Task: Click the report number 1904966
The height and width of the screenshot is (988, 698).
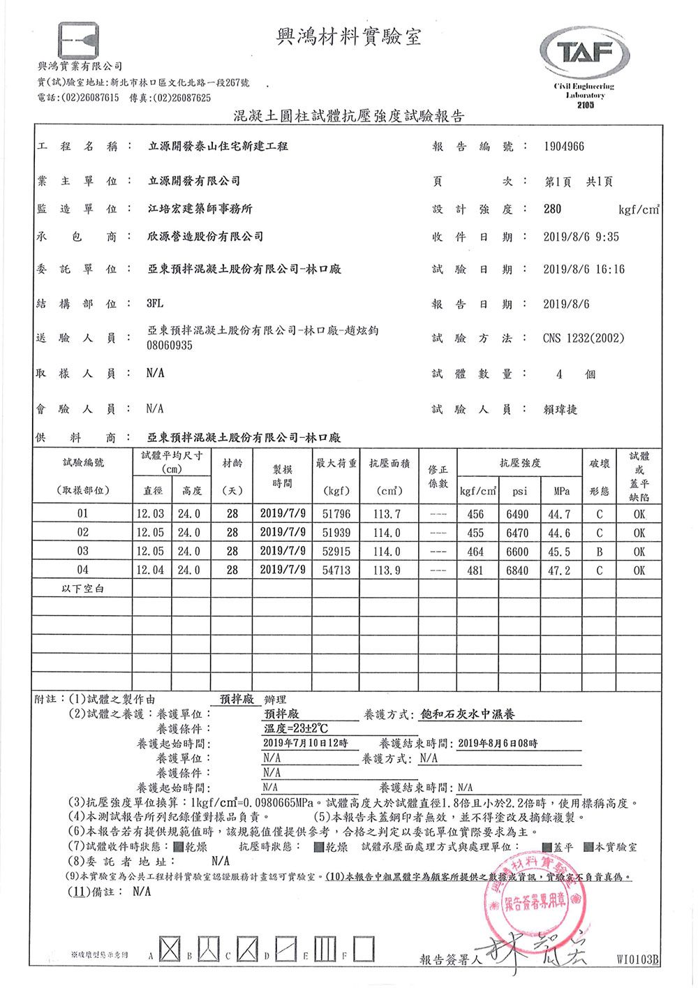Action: (564, 147)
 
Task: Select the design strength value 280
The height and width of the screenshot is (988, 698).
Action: (552, 209)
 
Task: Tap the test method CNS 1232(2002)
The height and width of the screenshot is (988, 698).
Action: (584, 339)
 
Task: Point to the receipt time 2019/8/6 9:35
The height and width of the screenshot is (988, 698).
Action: (581, 237)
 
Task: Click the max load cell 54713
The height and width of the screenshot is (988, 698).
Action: (336, 570)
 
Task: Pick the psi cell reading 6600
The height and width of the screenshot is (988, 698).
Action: (517, 552)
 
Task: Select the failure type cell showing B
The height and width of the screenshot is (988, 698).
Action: (599, 552)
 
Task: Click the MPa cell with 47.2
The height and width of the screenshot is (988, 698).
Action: (559, 570)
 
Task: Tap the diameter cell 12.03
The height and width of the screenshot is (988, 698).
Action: (151, 514)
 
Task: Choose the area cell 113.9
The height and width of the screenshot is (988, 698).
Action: (387, 570)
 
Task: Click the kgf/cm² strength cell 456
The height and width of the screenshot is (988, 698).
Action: (475, 514)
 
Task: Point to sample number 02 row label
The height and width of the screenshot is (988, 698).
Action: (83, 533)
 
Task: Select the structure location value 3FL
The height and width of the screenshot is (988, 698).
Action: (154, 304)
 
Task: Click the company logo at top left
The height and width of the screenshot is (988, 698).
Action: (79, 43)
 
